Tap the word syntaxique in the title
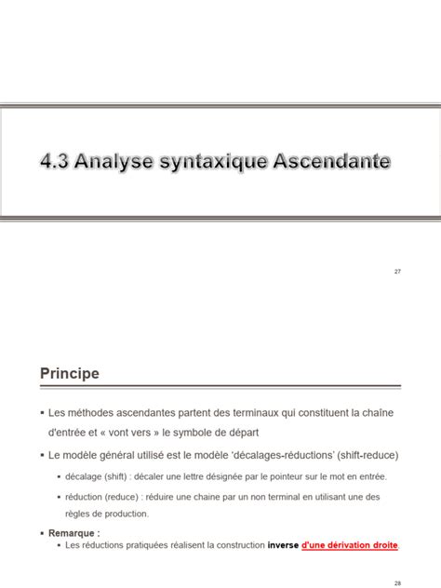(215, 163)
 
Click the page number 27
(397, 271)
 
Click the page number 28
(397, 582)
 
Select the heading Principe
(69, 373)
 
